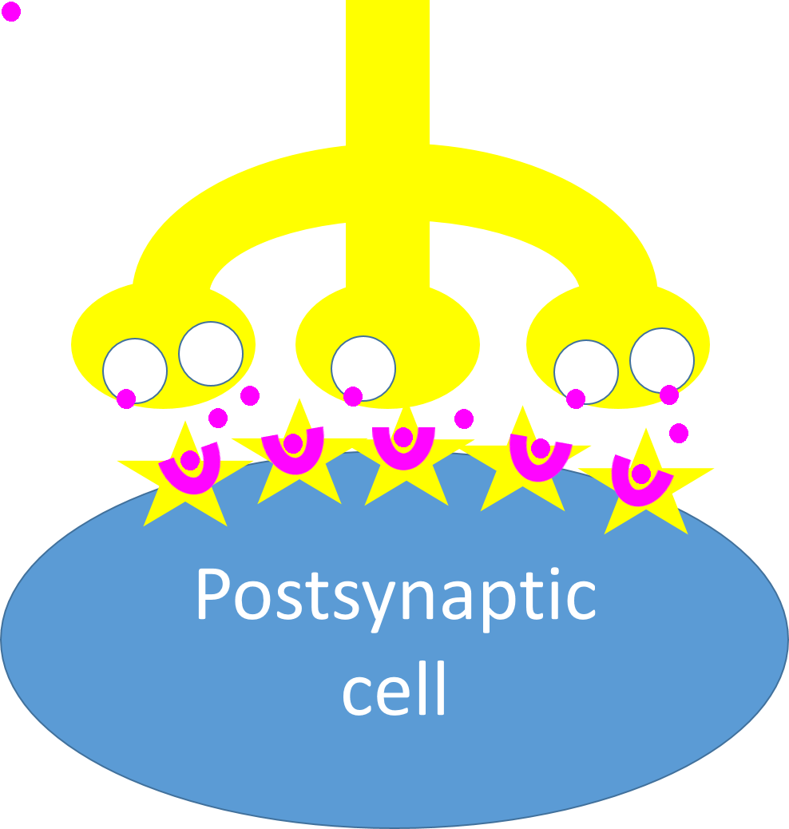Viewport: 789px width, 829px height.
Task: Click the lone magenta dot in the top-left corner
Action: click(x=11, y=12)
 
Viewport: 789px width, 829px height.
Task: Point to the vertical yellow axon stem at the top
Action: click(x=387, y=72)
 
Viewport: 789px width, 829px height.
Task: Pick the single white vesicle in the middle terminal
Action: click(x=363, y=367)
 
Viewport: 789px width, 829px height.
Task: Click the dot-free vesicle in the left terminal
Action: click(x=211, y=353)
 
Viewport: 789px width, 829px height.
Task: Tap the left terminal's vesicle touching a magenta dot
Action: click(x=135, y=370)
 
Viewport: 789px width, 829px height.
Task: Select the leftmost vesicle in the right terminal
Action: click(x=586, y=371)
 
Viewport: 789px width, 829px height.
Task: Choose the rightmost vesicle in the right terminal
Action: click(x=662, y=359)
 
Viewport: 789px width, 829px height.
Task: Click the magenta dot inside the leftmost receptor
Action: click(x=190, y=460)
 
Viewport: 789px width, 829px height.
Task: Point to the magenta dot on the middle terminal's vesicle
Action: click(x=353, y=396)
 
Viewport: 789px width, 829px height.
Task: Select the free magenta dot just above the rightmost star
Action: click(x=679, y=433)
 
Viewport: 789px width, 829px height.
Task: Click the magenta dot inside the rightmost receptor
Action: click(x=640, y=474)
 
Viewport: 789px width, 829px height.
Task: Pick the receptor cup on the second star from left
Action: click(x=292, y=458)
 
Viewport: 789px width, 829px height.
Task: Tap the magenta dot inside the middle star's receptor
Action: click(x=403, y=437)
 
